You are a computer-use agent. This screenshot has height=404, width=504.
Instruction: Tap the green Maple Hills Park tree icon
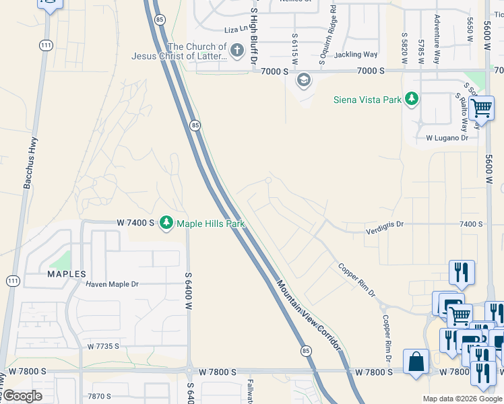pyautogui.click(x=166, y=223)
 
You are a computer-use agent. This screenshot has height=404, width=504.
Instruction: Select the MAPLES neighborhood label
pyautogui.click(x=66, y=274)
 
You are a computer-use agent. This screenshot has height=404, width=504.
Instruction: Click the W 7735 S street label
pyautogui.click(x=103, y=346)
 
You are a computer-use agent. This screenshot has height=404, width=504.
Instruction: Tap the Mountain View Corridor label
pyautogui.click(x=309, y=315)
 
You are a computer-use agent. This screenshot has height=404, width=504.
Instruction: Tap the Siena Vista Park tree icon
pyautogui.click(x=412, y=100)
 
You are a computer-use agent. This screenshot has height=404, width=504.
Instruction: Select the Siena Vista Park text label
pyautogui.click(x=368, y=100)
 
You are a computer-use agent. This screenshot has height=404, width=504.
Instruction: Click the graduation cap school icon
pyautogui.click(x=304, y=81)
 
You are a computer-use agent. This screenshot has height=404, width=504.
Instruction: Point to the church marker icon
pyautogui.click(x=237, y=50)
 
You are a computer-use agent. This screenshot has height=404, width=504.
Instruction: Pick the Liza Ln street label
pyautogui.click(x=237, y=30)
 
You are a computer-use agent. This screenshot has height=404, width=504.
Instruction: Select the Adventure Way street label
pyautogui.click(x=437, y=39)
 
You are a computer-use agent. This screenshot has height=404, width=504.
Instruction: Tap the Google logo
pyautogui.click(x=23, y=396)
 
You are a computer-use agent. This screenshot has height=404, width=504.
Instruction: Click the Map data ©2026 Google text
pyautogui.click(x=462, y=399)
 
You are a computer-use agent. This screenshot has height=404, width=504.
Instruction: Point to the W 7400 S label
pyautogui.click(x=135, y=222)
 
